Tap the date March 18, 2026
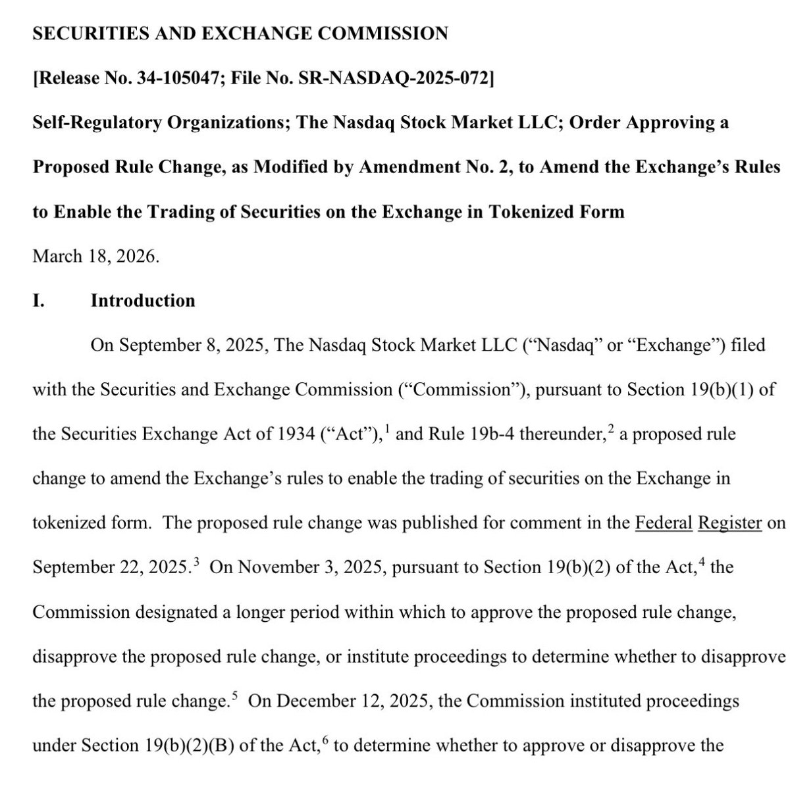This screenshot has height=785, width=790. pyautogui.click(x=96, y=256)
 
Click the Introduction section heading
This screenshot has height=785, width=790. pyautogui.click(x=143, y=301)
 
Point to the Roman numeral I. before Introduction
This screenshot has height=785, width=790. pyautogui.click(x=38, y=301)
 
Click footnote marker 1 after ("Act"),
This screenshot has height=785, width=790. pyautogui.click(x=385, y=430)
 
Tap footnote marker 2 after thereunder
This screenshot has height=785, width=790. pyautogui.click(x=610, y=430)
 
